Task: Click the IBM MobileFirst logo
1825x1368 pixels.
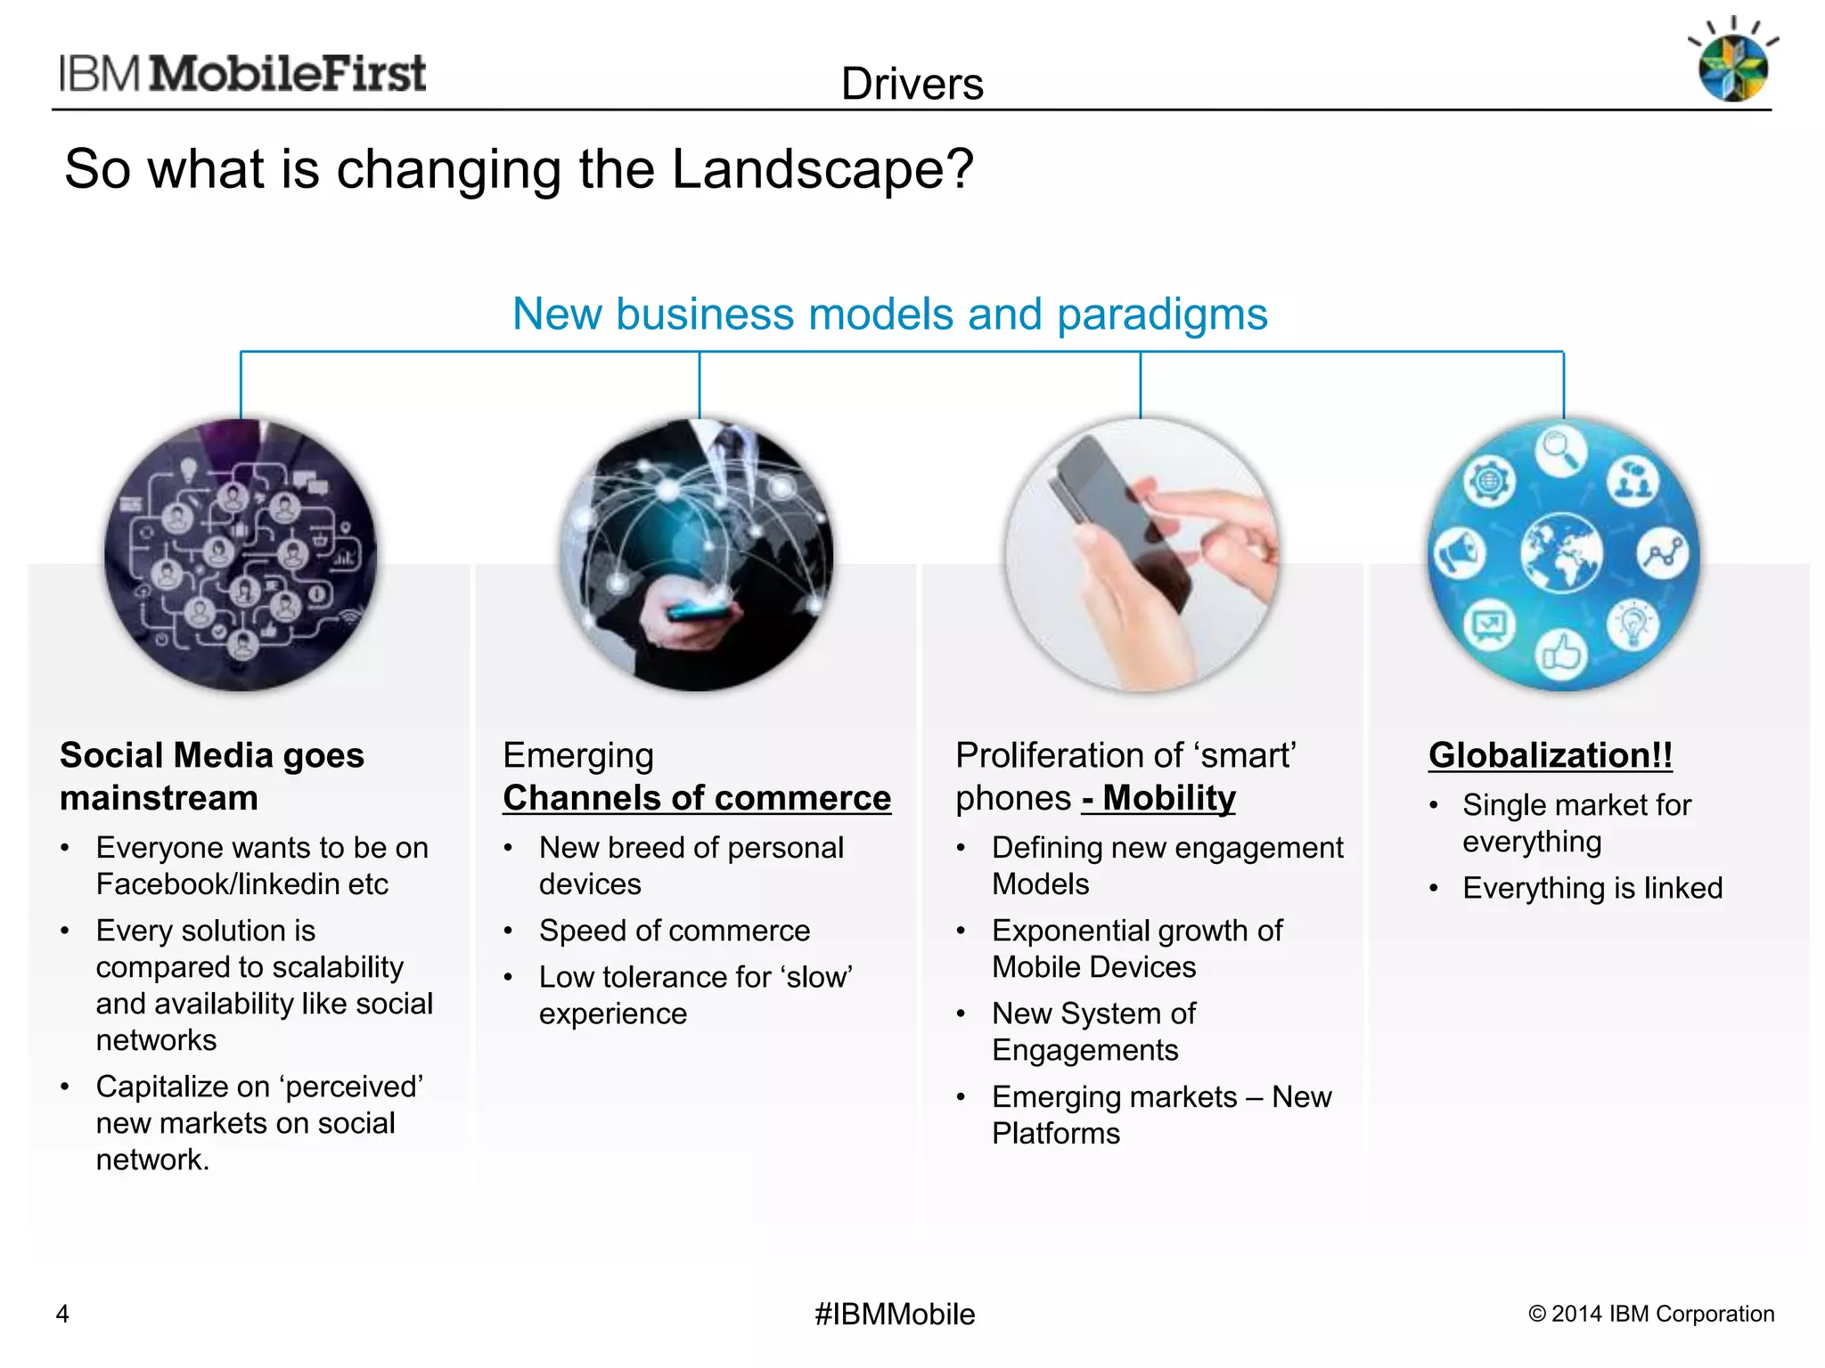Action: pyautogui.click(x=242, y=73)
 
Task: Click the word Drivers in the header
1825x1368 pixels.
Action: pyautogui.click(x=912, y=84)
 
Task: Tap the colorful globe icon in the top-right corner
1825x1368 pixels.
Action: pyautogui.click(x=1732, y=68)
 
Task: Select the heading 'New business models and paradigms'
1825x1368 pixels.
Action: pyautogui.click(x=889, y=313)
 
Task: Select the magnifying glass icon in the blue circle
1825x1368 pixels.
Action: pyautogui.click(x=1559, y=450)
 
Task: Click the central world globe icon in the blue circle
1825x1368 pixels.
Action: pyautogui.click(x=1561, y=553)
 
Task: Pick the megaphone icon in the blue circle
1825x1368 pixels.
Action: pyautogui.click(x=1458, y=553)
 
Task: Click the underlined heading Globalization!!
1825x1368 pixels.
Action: pyautogui.click(x=1550, y=755)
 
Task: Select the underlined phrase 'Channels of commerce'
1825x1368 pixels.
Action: pyautogui.click(x=696, y=798)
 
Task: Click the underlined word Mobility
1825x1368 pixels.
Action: pyautogui.click(x=1168, y=798)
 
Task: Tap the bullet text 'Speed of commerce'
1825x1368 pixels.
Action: pyautogui.click(x=674, y=931)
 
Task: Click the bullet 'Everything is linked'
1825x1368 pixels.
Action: pyautogui.click(x=1592, y=888)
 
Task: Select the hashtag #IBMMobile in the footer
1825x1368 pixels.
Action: pyautogui.click(x=894, y=1314)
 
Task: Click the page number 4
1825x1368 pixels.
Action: pyautogui.click(x=62, y=1314)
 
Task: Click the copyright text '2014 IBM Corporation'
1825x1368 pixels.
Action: pyautogui.click(x=1662, y=1314)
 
